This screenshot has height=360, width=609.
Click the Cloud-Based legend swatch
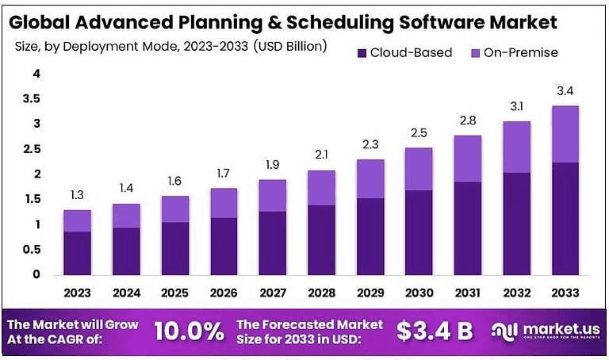coord(362,53)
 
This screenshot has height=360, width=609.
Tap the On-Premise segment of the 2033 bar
coord(565,134)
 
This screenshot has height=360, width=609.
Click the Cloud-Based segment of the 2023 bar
coord(77,253)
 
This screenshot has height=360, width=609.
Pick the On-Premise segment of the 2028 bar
coord(322,188)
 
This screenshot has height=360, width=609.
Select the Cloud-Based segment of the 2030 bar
coord(419,232)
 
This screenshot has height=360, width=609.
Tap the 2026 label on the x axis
coord(224,292)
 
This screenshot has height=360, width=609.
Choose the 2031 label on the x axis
coord(468,292)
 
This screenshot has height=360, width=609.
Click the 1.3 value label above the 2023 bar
coord(77,195)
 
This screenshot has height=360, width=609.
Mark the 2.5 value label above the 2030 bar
coord(419,132)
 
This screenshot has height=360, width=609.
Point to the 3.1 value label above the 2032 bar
coord(516,105)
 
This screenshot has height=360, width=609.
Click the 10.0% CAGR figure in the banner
coord(187,331)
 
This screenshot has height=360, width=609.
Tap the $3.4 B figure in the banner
coord(435,331)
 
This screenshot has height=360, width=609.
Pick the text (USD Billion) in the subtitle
coord(289,46)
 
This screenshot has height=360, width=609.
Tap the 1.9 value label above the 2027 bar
coord(273,164)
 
